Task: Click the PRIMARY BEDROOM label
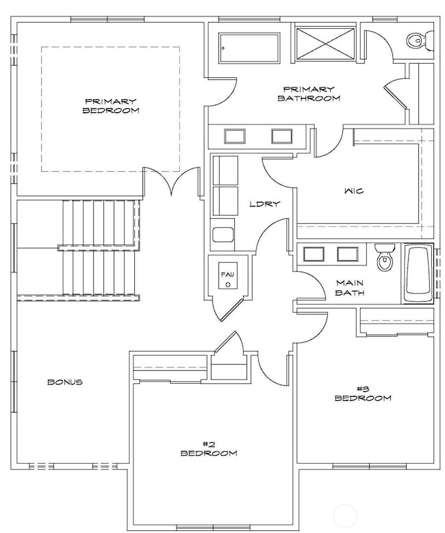point(111,105)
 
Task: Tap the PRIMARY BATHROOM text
point(308,94)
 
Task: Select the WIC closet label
point(354,192)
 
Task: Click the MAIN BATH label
point(349,287)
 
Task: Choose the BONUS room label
point(65,382)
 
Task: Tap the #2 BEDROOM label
point(209,448)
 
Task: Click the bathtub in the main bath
point(418,273)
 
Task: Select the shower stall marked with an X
point(325,42)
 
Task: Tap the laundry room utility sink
point(224,235)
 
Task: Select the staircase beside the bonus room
point(81,250)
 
